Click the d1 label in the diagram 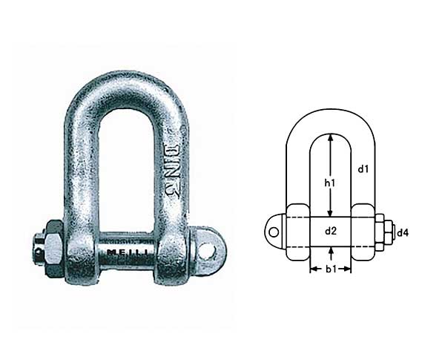coord(363,169)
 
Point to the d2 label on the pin coord(332,232)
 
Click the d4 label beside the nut coord(403,233)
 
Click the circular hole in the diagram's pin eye coord(274,232)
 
